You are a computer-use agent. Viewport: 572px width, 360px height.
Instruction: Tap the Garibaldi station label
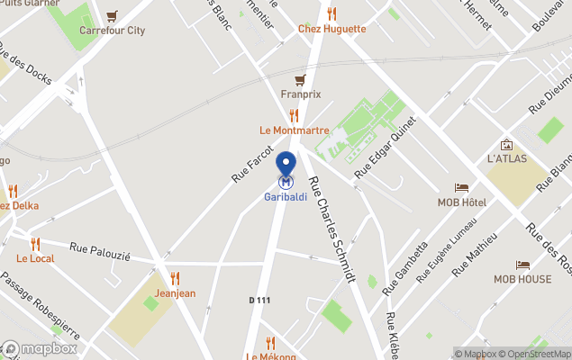click(286, 197)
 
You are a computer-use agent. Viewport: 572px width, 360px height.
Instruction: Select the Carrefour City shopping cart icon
click(112, 16)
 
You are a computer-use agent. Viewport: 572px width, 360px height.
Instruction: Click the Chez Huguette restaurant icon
click(331, 13)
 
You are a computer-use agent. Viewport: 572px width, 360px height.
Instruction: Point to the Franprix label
click(300, 94)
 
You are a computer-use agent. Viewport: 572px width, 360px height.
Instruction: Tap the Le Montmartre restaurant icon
click(294, 115)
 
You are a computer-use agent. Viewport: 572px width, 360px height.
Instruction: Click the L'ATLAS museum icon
click(506, 144)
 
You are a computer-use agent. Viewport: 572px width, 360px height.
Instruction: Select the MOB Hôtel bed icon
click(461, 188)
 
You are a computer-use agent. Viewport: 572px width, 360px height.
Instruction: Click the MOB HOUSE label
click(522, 279)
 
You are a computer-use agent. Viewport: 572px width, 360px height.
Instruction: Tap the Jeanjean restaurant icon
click(175, 278)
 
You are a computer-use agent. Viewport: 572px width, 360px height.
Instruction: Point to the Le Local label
click(35, 258)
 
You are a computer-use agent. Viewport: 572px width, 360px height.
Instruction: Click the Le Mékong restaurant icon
click(271, 342)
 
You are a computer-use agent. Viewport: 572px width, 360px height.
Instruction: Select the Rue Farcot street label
click(252, 165)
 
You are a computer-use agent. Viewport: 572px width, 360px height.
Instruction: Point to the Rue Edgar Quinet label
click(386, 147)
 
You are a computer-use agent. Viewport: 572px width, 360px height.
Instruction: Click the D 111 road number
click(259, 300)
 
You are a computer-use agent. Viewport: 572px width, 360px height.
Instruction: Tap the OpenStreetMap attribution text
click(534, 354)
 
